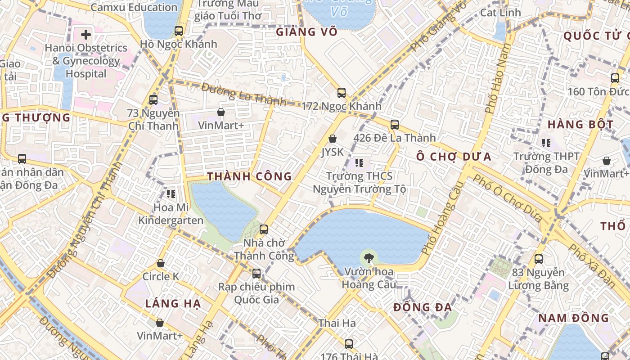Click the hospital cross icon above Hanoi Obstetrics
point(85,34)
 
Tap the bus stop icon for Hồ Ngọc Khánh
point(179,31)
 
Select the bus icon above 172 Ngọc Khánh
point(342,93)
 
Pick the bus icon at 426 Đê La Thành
point(395,125)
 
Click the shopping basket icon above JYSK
point(333,139)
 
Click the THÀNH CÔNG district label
point(250,176)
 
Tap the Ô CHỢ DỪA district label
point(454,157)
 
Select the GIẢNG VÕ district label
point(306,32)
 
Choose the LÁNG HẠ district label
point(173,304)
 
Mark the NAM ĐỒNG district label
point(574,318)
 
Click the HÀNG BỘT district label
point(580,125)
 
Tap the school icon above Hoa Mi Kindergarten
point(171,194)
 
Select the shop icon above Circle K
point(161,263)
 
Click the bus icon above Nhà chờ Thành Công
point(264,229)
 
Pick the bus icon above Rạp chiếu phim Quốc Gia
point(256,273)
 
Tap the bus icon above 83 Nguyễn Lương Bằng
point(539,259)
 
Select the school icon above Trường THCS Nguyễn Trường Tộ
point(359,162)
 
